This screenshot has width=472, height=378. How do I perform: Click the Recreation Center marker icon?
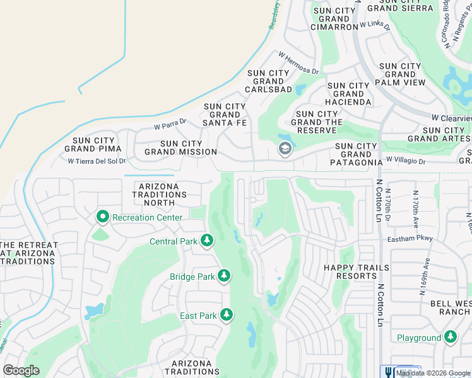[102, 217]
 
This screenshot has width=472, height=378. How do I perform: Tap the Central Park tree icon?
[206, 241]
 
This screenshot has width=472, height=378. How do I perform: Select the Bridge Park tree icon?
[223, 276]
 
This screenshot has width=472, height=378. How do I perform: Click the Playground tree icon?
[451, 338]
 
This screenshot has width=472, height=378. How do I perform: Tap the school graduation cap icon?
[285, 149]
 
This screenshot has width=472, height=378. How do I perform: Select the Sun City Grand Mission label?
[180, 148]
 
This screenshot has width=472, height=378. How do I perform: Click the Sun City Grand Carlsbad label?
[269, 81]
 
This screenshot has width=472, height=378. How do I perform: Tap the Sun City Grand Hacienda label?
[348, 94]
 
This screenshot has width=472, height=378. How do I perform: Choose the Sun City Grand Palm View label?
[400, 74]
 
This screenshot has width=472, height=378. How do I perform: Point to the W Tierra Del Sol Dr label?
[97, 161]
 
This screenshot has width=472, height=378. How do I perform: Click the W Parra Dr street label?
[171, 124]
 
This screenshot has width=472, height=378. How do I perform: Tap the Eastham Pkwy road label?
[404, 239]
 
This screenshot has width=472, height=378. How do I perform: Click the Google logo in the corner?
[21, 370]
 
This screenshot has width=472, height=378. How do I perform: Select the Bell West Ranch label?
[450, 308]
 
